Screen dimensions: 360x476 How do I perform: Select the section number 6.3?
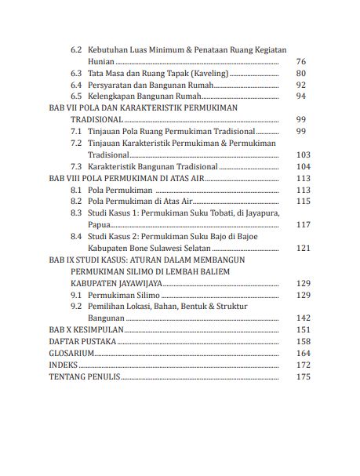[76, 73]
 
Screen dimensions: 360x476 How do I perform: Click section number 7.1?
[76, 131]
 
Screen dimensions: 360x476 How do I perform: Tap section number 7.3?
[76, 166]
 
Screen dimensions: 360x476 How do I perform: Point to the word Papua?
[99, 225]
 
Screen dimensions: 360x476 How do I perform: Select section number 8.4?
[76, 236]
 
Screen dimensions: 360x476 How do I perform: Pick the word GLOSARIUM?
[72, 354]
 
